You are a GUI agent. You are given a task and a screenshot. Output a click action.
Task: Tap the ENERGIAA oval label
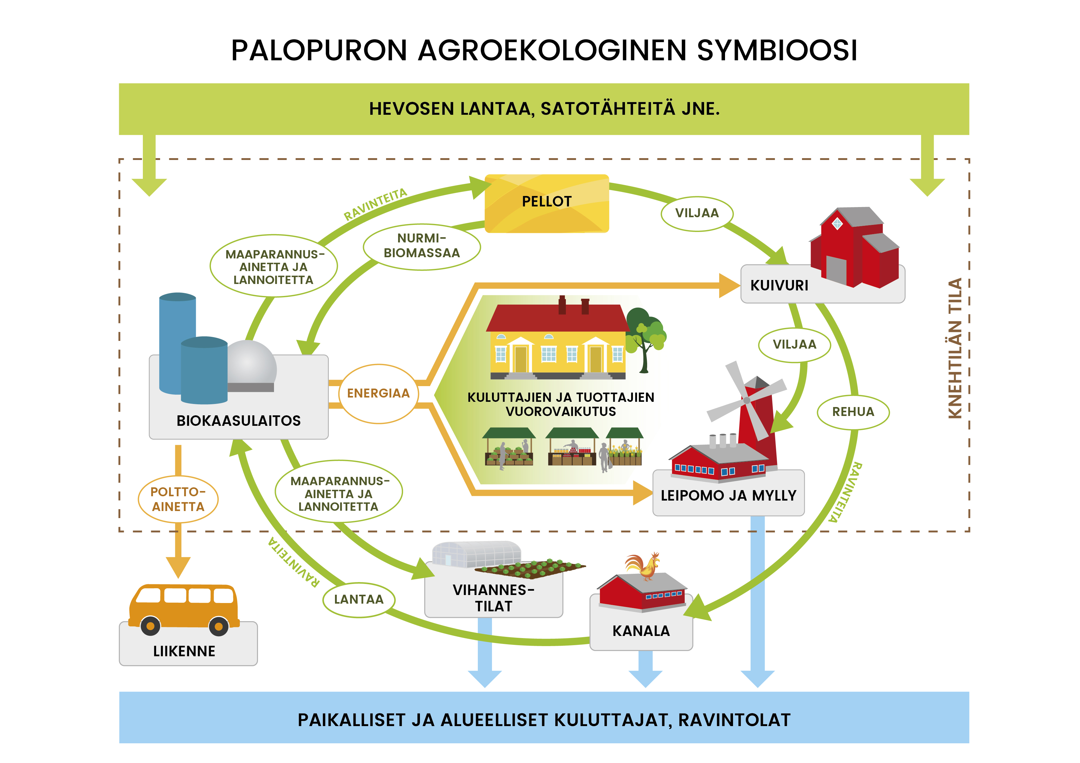pos(378,393)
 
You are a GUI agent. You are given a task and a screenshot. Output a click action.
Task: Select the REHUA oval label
pos(853,412)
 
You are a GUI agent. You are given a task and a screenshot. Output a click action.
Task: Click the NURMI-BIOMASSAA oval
pos(421,246)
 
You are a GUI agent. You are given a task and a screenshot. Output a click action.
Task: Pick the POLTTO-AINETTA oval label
pos(178,499)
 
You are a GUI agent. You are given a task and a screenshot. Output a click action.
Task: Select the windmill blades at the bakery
pos(747,401)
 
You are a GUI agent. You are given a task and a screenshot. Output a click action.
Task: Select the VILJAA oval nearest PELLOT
pos(697,214)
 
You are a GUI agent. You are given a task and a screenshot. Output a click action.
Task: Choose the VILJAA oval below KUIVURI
pos(795,345)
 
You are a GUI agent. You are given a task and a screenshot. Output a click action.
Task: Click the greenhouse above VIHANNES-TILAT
pos(477,554)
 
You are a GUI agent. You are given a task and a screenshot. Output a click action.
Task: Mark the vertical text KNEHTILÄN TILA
pos(955,348)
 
